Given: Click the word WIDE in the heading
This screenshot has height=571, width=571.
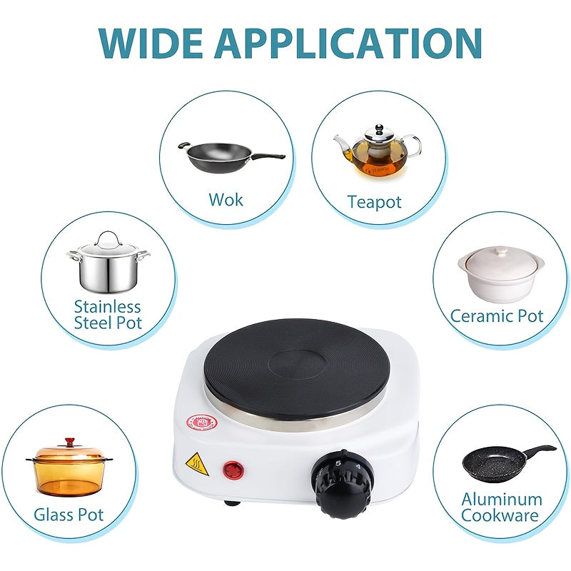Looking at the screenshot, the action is coord(151,43).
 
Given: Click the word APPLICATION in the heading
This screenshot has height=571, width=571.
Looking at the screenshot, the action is coord(348,43).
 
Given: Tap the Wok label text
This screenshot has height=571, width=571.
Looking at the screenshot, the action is coord(226,200).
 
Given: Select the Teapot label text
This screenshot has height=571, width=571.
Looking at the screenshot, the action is coord(374,202).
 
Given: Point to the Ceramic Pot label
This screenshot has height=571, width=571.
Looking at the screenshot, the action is coord(497,315).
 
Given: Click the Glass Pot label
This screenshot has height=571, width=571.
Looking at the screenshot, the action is coord(69,515).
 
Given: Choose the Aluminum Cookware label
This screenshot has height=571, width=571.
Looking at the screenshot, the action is coord(501,507).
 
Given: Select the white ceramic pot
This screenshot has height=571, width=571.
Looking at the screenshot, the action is coord(501,274).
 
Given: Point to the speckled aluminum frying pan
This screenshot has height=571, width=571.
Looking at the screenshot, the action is coord(508,464).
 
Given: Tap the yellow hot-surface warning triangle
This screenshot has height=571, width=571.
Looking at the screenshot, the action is coord(197,464).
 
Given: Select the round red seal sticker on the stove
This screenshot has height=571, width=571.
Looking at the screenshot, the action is coord(201,423).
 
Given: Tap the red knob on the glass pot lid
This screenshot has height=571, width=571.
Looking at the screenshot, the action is coord(70,442).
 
